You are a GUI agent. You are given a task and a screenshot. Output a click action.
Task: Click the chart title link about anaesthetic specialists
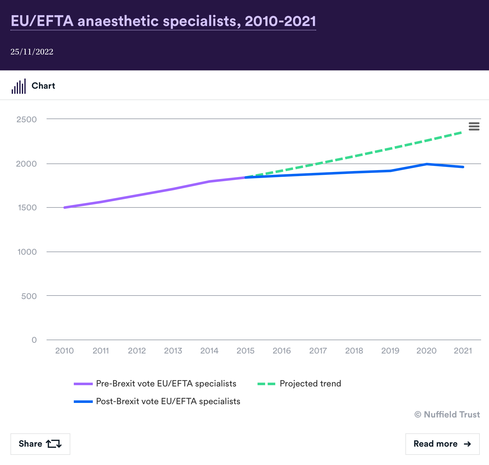point(163,21)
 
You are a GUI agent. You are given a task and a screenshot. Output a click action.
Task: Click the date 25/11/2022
point(32,52)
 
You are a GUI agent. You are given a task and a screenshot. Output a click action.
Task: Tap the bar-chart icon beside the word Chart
point(19,86)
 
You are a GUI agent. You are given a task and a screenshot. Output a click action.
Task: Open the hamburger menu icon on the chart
point(474,126)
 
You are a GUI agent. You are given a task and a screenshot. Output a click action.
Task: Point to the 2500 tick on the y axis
point(27,119)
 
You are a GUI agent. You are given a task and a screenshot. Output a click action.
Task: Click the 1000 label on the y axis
point(27,252)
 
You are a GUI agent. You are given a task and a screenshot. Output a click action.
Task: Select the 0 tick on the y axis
point(34,340)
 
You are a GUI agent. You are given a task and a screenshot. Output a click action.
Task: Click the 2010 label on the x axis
point(64,351)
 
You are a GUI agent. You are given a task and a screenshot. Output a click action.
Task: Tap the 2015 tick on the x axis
point(245,351)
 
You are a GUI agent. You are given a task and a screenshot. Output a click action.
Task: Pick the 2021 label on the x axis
point(463,351)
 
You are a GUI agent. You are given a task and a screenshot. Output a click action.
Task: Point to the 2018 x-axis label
point(354,351)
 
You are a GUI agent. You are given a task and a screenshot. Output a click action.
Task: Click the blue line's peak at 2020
point(427,164)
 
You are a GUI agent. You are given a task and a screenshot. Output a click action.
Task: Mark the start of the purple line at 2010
point(65,207)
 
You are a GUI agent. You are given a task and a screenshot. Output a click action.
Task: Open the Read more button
point(442,444)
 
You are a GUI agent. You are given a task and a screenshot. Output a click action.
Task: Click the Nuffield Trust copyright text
point(447,415)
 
